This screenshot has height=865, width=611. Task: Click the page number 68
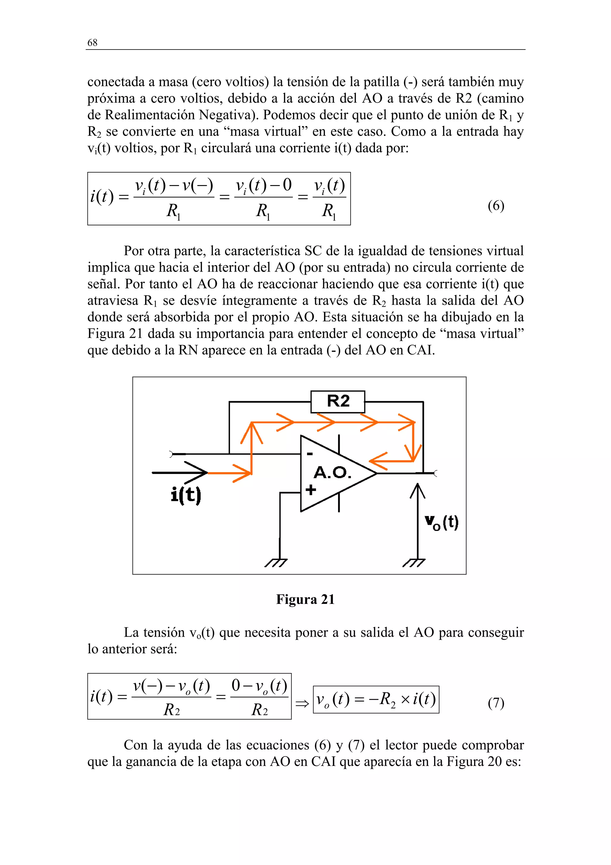click(92, 43)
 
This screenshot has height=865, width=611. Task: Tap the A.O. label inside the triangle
click(332, 472)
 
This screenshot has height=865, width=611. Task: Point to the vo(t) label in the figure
click(442, 523)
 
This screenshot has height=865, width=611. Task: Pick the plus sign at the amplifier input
click(311, 490)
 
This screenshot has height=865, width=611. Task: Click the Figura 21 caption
click(305, 599)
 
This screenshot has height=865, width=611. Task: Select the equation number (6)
click(496, 206)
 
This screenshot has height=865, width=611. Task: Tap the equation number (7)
click(496, 703)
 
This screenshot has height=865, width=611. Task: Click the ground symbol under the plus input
click(277, 562)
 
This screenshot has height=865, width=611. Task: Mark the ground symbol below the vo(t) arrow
click(414, 562)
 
